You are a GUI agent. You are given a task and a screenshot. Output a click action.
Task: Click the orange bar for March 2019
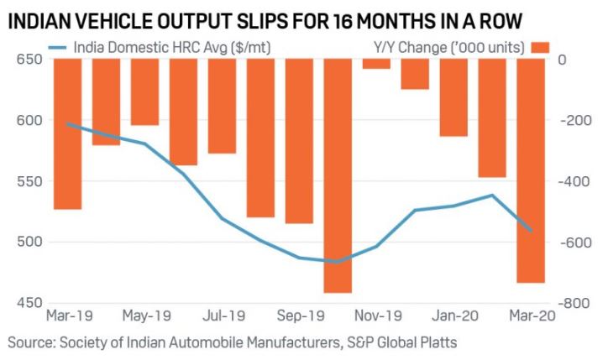68,134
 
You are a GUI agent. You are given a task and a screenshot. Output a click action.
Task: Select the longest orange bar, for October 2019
338,176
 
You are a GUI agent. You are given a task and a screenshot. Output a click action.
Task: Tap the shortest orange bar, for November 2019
377,64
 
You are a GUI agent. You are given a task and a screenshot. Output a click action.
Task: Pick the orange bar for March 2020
531,171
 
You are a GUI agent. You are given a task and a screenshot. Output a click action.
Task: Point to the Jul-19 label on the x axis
223,316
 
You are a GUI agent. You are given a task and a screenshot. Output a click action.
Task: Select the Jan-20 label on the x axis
454,316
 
